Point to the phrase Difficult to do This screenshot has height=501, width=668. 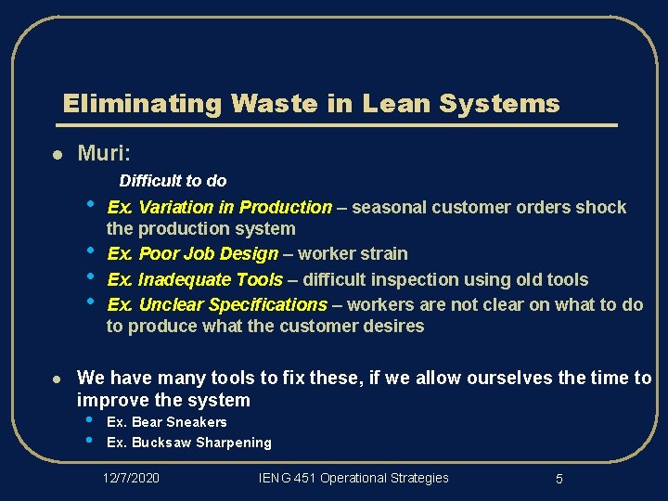(x=173, y=181)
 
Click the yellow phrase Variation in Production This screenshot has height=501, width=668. (x=235, y=207)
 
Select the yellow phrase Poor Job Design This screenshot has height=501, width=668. (x=208, y=253)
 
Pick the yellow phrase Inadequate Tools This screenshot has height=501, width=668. (x=211, y=279)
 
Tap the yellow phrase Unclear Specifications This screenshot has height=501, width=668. (x=232, y=304)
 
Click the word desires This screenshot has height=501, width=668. (x=394, y=326)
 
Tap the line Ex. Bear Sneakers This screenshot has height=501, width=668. (x=167, y=422)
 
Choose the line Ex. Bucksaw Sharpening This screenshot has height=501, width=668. (x=189, y=443)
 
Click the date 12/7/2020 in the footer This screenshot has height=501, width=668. (x=131, y=478)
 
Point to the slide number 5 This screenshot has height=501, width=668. (x=559, y=479)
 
